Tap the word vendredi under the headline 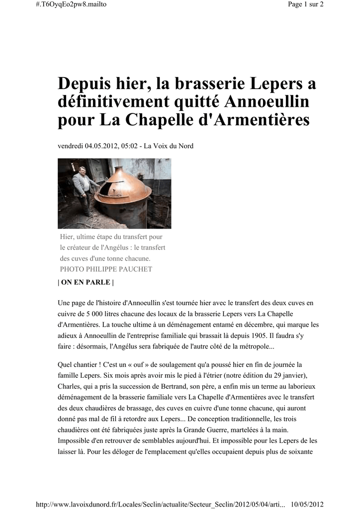71,146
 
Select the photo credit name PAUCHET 134,269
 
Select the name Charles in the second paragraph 70,386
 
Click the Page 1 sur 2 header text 306,4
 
